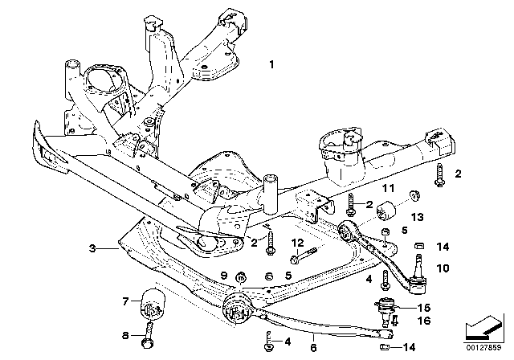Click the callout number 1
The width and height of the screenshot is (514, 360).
[x=271, y=63]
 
